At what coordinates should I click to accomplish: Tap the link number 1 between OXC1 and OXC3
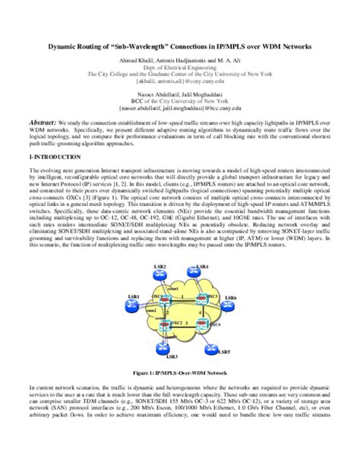(x=182, y=298)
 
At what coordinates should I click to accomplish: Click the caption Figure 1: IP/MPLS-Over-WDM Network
(x=179, y=375)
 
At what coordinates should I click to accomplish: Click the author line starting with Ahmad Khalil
(x=180, y=61)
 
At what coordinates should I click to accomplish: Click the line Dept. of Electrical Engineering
(x=180, y=68)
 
